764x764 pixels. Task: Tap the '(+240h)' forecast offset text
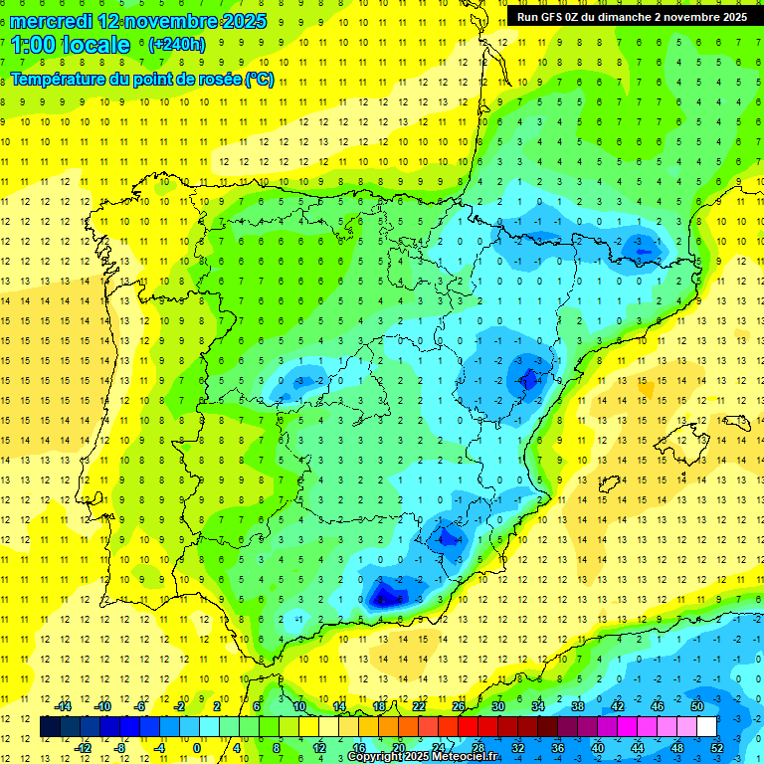(x=176, y=44)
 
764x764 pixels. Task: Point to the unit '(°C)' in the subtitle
(x=259, y=79)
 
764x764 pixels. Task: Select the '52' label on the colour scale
(x=717, y=747)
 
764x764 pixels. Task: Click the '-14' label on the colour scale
(x=63, y=706)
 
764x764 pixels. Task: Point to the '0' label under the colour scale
(x=196, y=747)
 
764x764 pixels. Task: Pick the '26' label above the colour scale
(x=459, y=706)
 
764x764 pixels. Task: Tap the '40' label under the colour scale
(x=597, y=747)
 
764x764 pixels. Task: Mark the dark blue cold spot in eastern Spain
(x=526, y=379)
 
